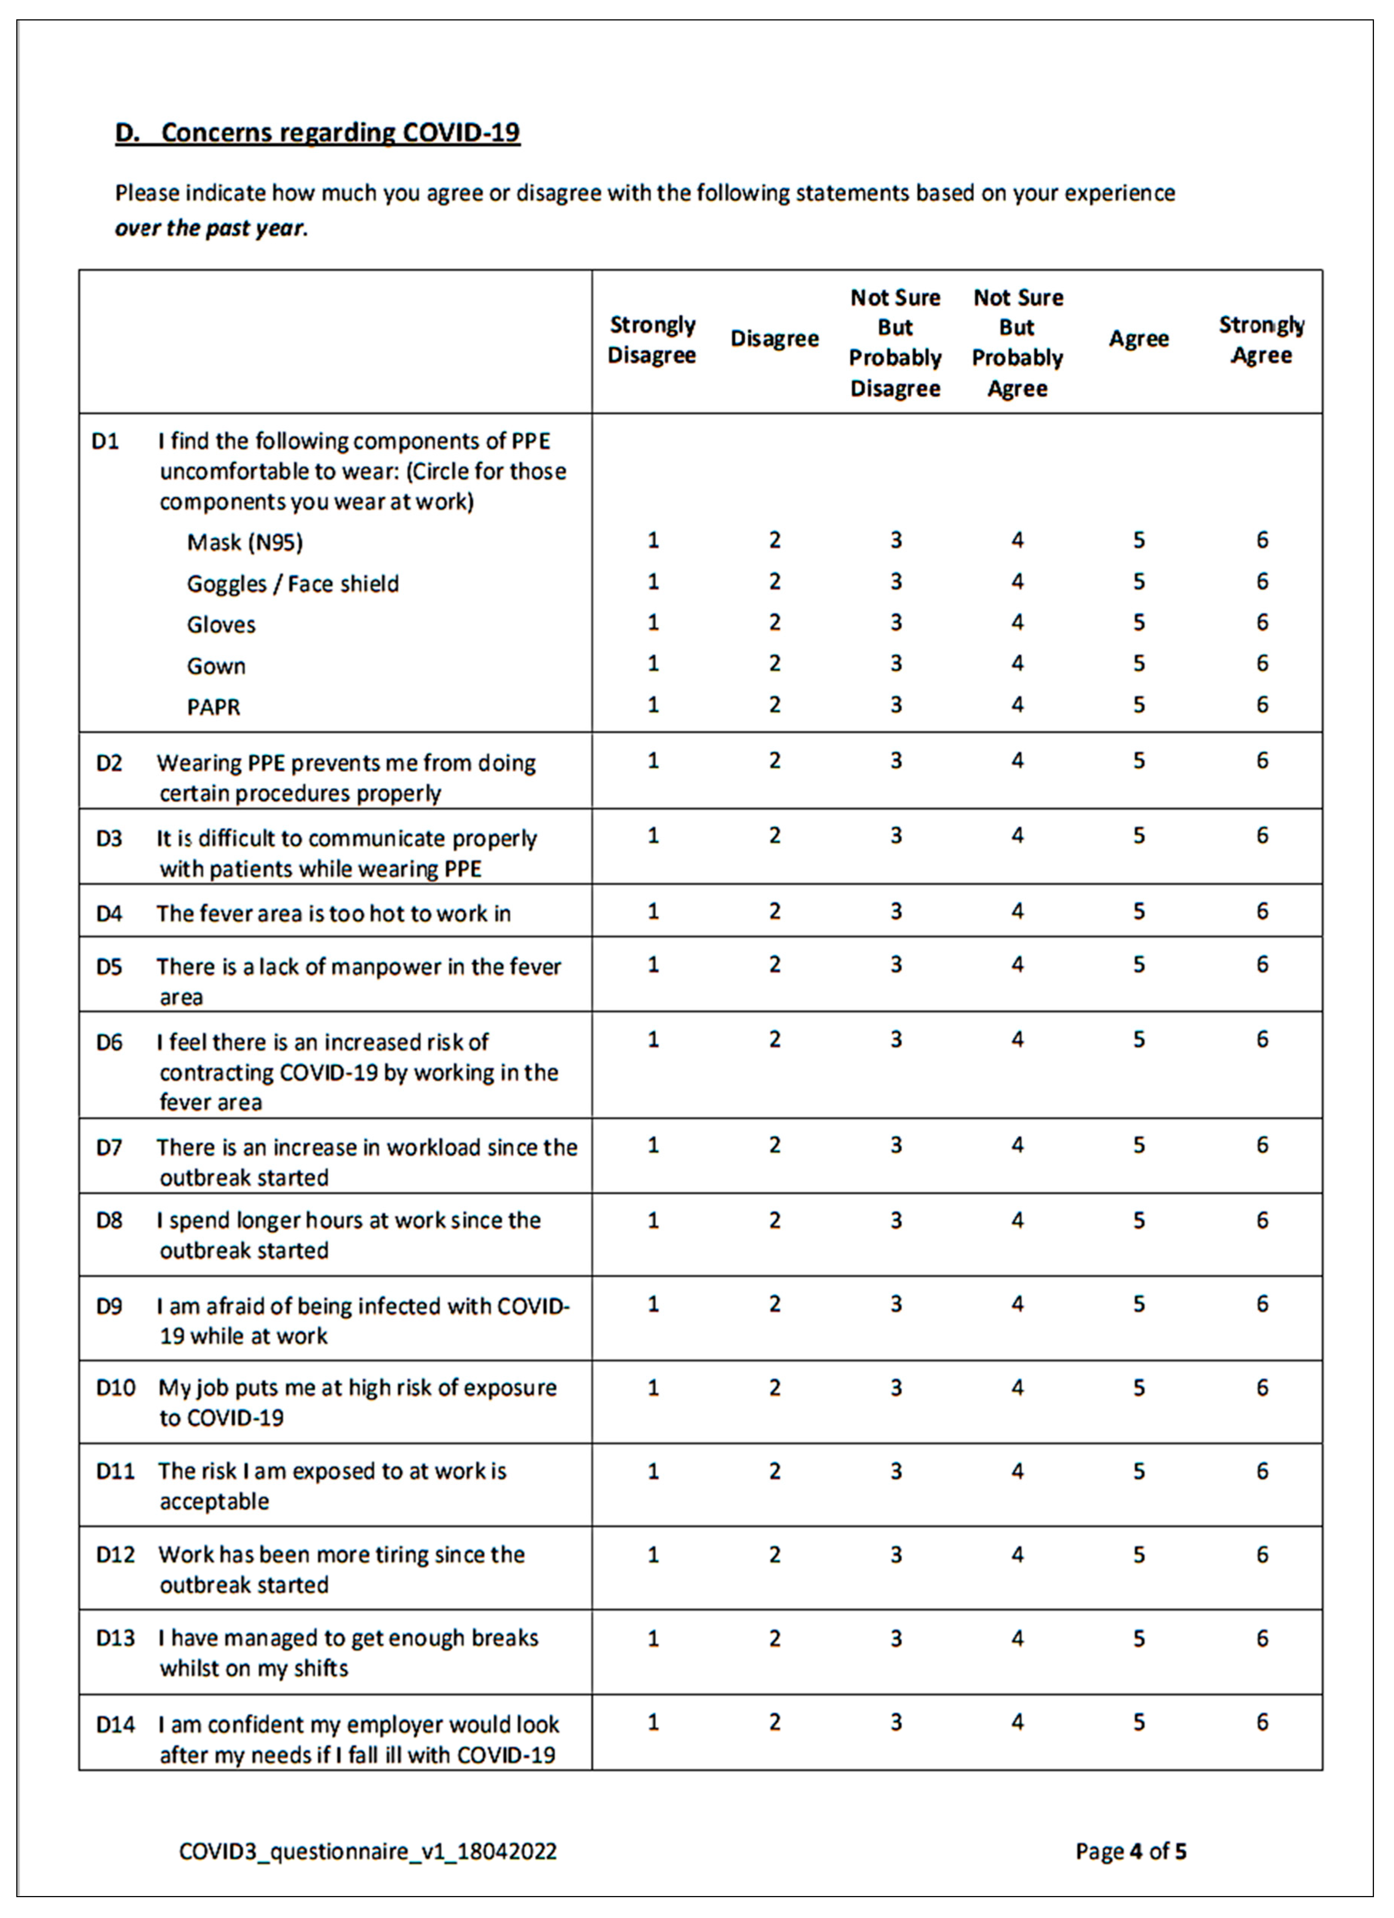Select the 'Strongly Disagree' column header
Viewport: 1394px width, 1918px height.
(652, 340)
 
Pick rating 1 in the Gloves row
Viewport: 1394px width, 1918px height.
(653, 623)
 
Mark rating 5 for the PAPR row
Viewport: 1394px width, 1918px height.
(1139, 704)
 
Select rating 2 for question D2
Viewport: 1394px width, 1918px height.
(774, 760)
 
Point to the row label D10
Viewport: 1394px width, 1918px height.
(115, 1388)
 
